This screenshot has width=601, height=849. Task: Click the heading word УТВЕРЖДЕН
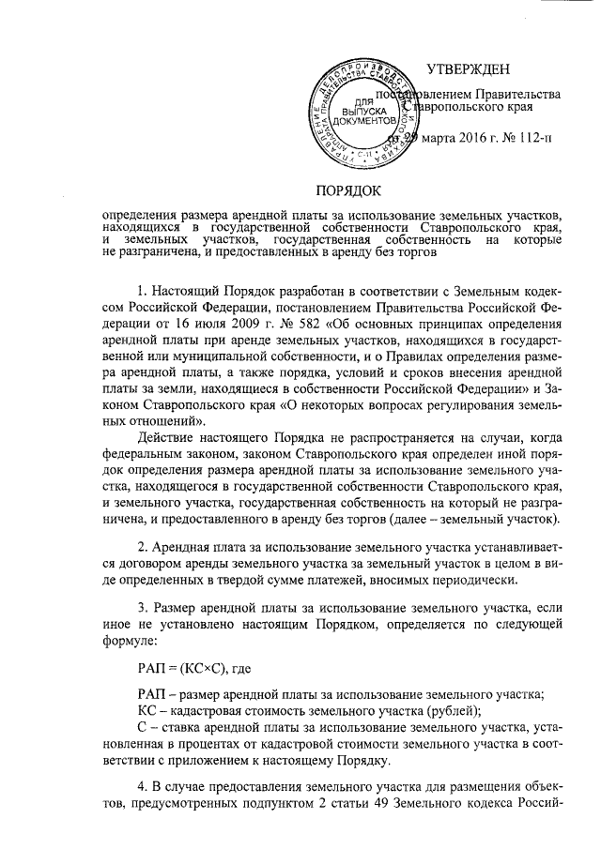(x=468, y=68)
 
